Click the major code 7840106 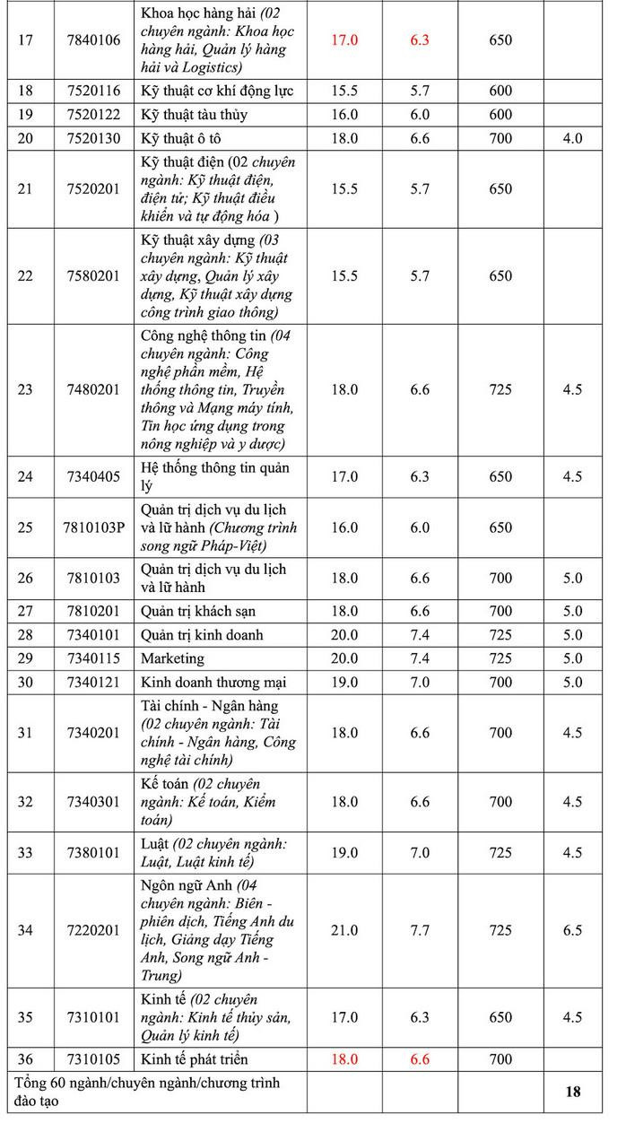click(92, 39)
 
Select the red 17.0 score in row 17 click(344, 39)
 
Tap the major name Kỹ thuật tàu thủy click(194, 115)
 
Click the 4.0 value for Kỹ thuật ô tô click(572, 138)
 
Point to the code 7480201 click(92, 389)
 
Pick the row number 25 click(25, 527)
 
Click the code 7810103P click(94, 527)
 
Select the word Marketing click(173, 658)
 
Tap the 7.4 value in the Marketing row click(420, 658)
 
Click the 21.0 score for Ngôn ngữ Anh click(344, 930)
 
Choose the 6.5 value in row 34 click(572, 930)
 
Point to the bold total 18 click(572, 1092)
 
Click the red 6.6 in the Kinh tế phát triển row click(420, 1059)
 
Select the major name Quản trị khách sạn click(198, 611)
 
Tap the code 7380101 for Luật click(92, 852)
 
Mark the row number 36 click(25, 1059)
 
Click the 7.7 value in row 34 click(420, 930)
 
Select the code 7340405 click(92, 476)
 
